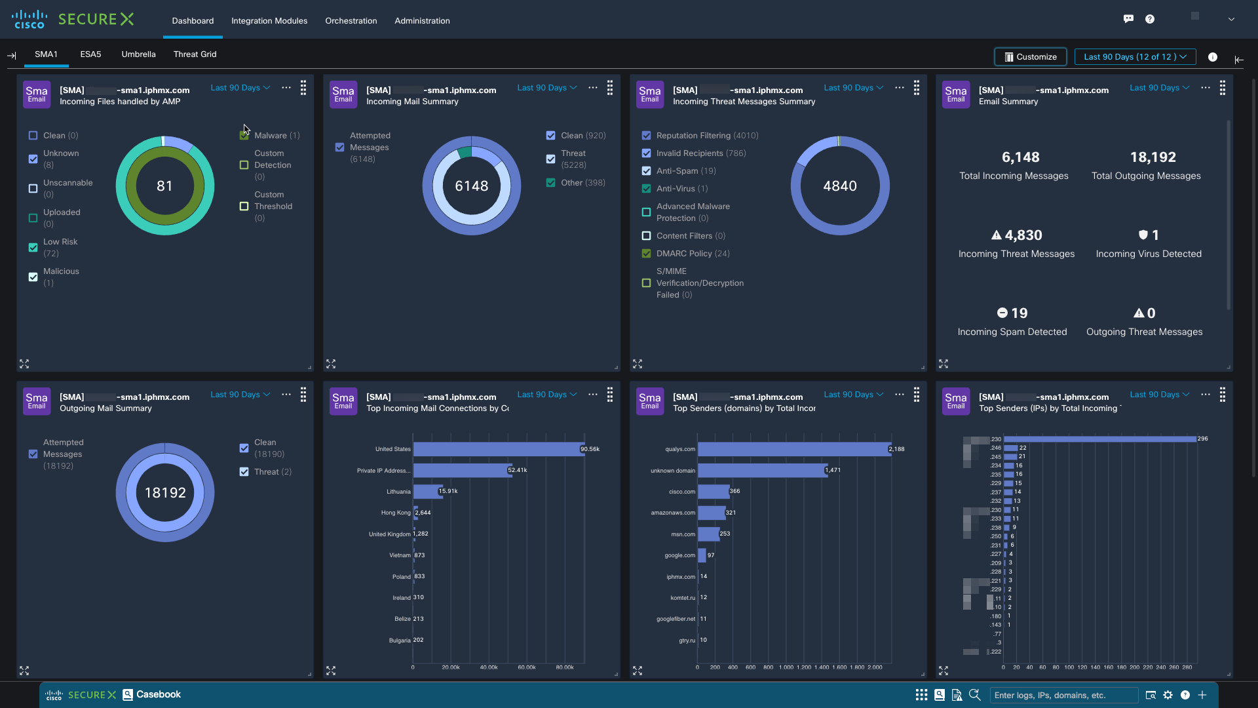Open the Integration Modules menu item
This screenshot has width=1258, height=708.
269,21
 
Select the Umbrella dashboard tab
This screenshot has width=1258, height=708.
138,54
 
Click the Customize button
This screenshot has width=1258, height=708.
1030,57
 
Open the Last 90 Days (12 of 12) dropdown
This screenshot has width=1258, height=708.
1135,57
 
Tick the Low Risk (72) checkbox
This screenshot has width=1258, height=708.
33,248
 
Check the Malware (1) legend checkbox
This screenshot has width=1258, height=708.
244,136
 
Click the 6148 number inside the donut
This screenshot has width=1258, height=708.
472,186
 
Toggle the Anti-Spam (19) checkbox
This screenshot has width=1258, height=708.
647,171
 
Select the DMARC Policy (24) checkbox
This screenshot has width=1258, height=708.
647,254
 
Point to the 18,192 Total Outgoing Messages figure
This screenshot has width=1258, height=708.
1153,157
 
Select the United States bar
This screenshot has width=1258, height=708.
498,449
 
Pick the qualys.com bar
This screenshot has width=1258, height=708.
793,449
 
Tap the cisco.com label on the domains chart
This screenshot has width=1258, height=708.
682,492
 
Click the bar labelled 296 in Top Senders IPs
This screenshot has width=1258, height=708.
1099,439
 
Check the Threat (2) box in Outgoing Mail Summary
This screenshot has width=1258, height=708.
244,472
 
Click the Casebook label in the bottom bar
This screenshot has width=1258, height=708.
158,695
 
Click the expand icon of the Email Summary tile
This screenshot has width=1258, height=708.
943,364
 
